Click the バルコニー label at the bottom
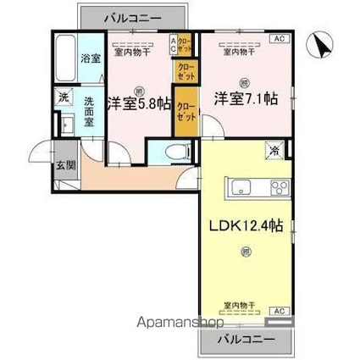click(x=246, y=340)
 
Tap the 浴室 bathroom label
click(x=90, y=59)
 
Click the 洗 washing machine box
click(x=64, y=97)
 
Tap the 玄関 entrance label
click(x=65, y=164)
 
